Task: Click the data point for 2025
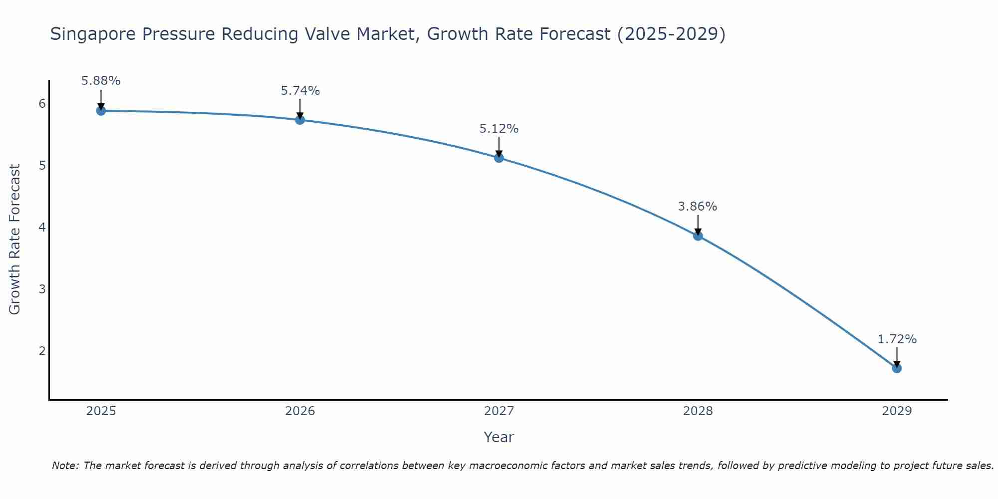click(101, 111)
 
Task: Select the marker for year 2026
click(300, 120)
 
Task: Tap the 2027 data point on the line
click(499, 158)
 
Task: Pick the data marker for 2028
click(698, 236)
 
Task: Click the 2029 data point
click(897, 368)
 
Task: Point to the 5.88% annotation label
click(101, 81)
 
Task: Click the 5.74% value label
click(300, 91)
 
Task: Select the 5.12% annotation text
click(499, 129)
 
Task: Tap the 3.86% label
click(698, 207)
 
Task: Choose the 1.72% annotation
click(897, 339)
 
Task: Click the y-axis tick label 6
click(42, 104)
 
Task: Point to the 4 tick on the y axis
click(42, 228)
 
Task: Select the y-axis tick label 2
click(42, 351)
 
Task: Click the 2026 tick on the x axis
click(300, 411)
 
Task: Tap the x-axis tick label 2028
click(698, 411)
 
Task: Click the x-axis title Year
click(499, 437)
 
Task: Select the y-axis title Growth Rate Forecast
click(15, 240)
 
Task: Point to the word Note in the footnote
click(65, 466)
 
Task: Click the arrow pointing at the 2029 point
click(897, 357)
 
